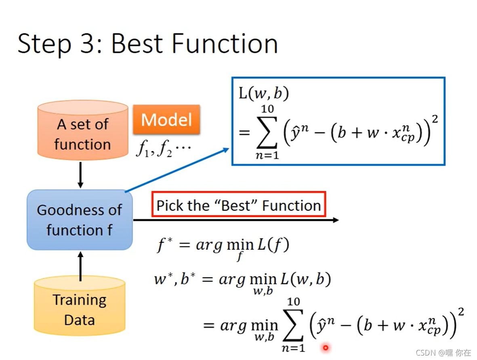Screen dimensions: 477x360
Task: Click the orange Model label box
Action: coord(166,119)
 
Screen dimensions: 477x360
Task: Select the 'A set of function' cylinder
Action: coord(82,130)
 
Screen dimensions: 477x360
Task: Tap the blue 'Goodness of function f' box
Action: coord(80,220)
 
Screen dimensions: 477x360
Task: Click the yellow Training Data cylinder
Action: coord(80,306)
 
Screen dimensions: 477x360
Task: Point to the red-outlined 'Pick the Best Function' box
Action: coord(239,206)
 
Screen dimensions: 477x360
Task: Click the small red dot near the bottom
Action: coord(326,347)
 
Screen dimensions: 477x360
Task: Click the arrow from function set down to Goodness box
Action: coord(80,175)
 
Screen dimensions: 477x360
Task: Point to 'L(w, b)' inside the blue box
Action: coord(263,94)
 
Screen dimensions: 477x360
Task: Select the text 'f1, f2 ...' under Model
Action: coord(163,151)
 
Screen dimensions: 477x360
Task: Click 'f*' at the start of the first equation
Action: coord(164,245)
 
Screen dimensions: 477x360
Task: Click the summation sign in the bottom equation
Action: coord(294,325)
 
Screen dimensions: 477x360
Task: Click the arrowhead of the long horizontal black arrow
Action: coord(336,220)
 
